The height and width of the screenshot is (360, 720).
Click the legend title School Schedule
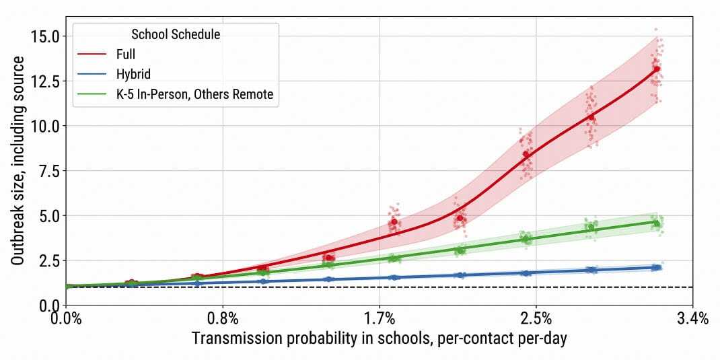pyautogui.click(x=176, y=33)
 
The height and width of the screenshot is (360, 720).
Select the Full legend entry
pyautogui.click(x=126, y=55)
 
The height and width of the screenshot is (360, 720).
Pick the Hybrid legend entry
pyautogui.click(x=133, y=75)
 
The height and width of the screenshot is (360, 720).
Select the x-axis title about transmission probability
pyautogui.click(x=379, y=338)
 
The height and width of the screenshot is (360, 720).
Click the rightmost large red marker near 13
pyautogui.click(x=657, y=69)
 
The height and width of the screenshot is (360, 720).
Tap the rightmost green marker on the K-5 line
pyautogui.click(x=657, y=223)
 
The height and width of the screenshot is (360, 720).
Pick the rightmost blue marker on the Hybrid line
pyautogui.click(x=657, y=267)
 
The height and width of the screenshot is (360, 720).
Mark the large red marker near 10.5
pyautogui.click(x=591, y=117)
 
